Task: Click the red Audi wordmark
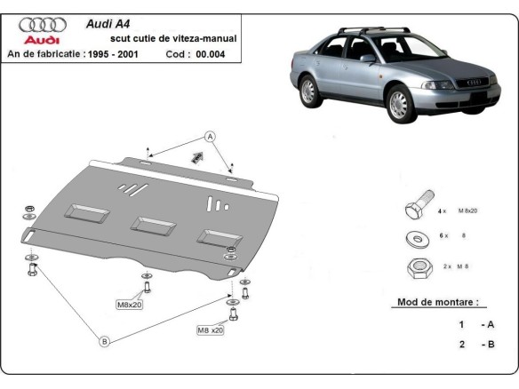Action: [x=40, y=41]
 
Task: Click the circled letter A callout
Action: [x=211, y=136]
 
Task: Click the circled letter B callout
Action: [x=104, y=341]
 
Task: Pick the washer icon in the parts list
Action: [x=416, y=238]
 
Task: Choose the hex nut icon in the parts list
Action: [x=416, y=266]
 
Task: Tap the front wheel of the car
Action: [x=397, y=105]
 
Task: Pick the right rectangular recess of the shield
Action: [x=215, y=235]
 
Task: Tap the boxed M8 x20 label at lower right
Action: [x=211, y=329]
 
